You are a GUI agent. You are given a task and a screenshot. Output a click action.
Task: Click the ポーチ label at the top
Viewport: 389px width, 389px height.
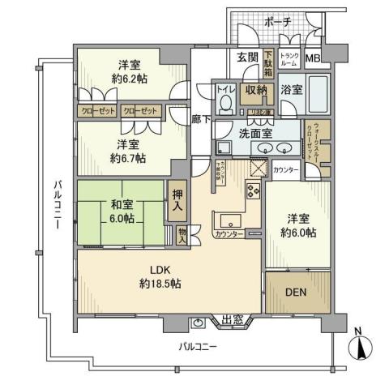coord(278,22)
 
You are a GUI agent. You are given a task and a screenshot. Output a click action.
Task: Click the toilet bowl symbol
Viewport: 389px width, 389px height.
coord(225,104)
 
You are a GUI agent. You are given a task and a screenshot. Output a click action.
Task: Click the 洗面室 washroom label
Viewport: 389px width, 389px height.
coord(255,133)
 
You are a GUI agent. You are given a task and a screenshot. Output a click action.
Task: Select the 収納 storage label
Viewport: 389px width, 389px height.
coord(256,90)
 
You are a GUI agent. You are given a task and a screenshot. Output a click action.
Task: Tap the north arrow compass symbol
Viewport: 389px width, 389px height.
coord(360,348)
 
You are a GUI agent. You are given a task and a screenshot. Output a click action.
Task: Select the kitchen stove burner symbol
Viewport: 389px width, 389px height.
coord(252,192)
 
